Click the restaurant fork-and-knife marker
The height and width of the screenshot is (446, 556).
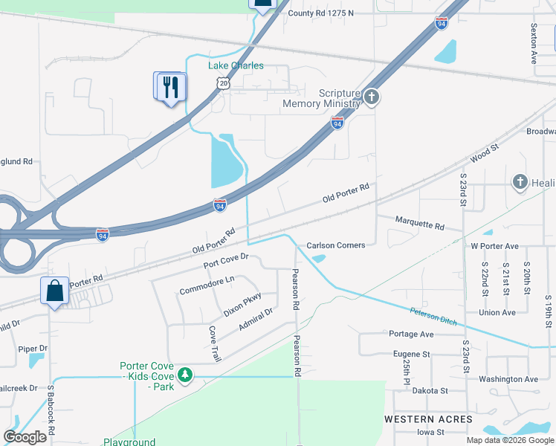172,87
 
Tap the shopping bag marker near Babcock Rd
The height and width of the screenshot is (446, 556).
56,291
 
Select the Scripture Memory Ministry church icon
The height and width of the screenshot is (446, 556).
372,97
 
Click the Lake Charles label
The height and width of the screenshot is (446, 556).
235,65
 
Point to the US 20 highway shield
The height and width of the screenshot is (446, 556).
224,85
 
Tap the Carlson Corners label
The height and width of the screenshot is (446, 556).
336,245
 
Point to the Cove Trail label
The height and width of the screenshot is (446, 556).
214,344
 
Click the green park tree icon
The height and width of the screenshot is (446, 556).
184,375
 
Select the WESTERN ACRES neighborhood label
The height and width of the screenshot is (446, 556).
428,419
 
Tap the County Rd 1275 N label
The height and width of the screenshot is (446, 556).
320,13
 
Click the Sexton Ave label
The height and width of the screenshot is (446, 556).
533,43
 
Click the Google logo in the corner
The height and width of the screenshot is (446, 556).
25,437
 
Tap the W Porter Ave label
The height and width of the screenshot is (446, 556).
494,246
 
